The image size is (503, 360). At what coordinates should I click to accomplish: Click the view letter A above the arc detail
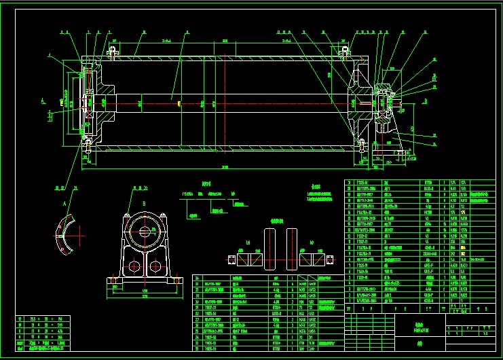pos(64,202)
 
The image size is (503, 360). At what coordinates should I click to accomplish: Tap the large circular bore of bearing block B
pos(145,230)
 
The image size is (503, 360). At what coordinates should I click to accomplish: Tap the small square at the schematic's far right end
pos(331,259)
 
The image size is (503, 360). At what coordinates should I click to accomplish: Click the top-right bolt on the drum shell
pos(346,50)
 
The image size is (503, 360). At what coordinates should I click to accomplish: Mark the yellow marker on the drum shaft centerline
pos(179,103)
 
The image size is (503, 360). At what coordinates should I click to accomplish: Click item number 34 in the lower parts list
pos(198,278)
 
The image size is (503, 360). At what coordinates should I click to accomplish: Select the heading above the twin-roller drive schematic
pos(276,221)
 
